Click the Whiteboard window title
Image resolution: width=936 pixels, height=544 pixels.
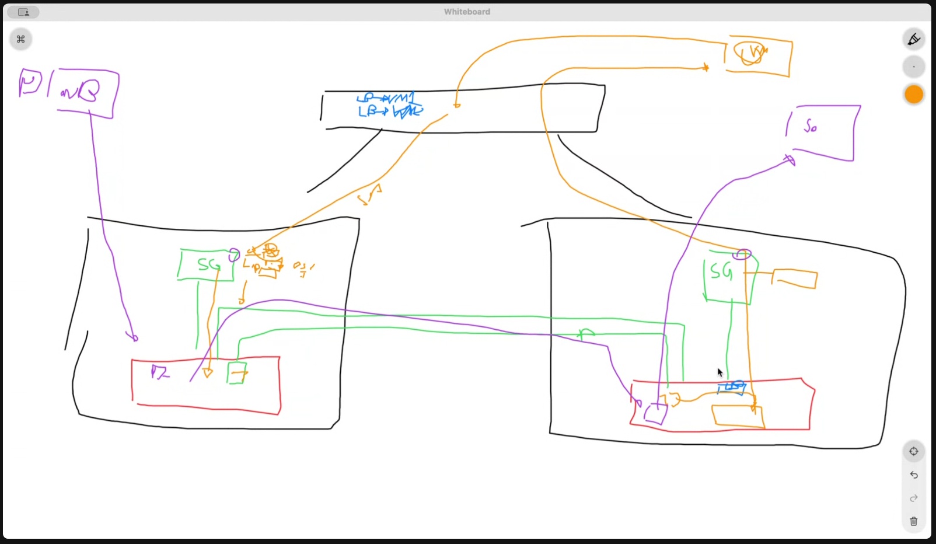pos(467,12)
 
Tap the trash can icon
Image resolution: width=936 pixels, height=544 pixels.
pos(914,521)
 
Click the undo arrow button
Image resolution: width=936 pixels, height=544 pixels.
pos(914,475)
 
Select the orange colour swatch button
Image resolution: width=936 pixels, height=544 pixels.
pos(914,95)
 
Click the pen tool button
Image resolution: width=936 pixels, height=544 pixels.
pos(914,39)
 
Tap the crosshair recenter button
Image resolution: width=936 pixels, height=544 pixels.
pos(914,451)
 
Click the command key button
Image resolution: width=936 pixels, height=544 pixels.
pos(21,39)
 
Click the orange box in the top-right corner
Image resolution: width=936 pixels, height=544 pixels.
pos(759,56)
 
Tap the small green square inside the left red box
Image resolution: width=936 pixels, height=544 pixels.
pos(237,373)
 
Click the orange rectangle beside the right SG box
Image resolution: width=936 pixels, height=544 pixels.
pos(795,278)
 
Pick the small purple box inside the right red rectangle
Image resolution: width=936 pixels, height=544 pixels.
pos(655,413)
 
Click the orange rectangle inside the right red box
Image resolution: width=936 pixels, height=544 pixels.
pos(738,417)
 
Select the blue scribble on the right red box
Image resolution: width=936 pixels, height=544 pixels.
pos(732,386)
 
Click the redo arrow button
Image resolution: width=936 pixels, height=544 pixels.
pos(914,498)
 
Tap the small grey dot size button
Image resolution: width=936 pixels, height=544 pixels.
pos(914,67)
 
